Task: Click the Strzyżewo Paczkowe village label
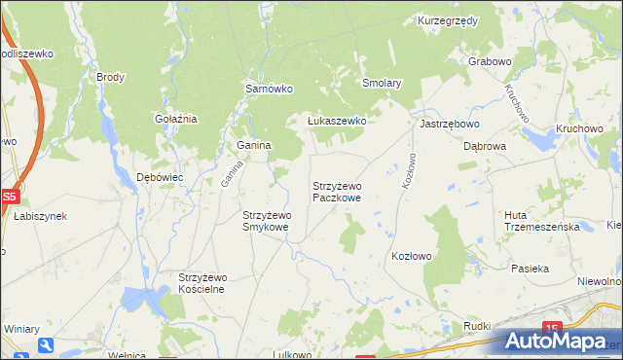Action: [x=337, y=192]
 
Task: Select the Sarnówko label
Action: [x=268, y=89]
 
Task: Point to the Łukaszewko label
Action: [x=336, y=121]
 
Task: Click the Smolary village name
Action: [x=382, y=84]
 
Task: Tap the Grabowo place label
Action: [x=490, y=61]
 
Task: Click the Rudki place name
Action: [x=477, y=326]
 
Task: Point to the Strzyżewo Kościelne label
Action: [x=202, y=283]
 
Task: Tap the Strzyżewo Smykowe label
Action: [x=266, y=221]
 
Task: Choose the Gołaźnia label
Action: [x=176, y=119]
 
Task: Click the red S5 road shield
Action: [x=9, y=196]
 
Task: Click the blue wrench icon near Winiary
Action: [x=46, y=344]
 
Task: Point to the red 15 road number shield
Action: [x=552, y=329]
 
